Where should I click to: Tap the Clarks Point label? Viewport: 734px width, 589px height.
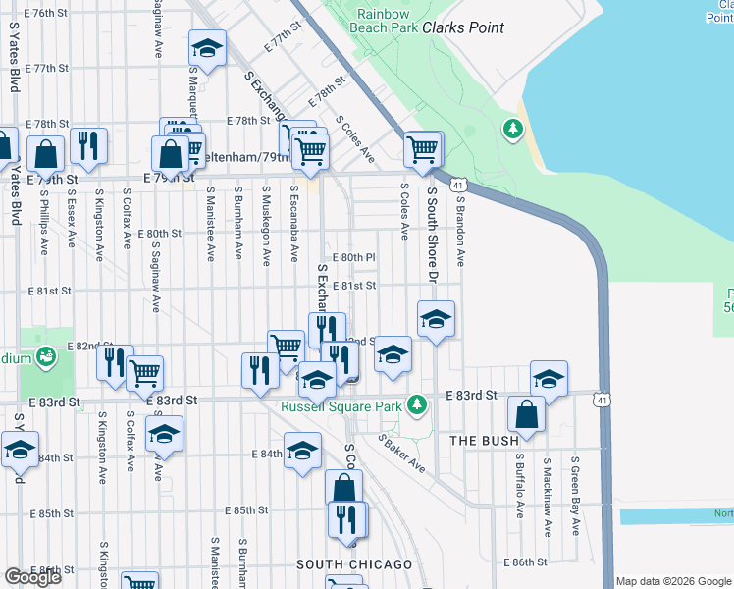coord(463,27)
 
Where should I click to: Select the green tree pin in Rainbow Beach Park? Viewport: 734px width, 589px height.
coord(511,130)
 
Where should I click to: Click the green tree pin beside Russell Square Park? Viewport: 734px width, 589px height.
coord(417,403)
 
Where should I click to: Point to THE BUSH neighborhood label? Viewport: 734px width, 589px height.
coord(484,442)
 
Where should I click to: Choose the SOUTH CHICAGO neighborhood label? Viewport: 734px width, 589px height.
coord(355,564)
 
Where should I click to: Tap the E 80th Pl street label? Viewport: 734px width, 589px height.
coord(354,257)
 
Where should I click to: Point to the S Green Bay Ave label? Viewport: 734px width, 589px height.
coord(575,496)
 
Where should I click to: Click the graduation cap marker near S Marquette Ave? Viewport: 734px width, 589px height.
coord(207,48)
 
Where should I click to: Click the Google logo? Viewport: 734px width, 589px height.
coord(32,577)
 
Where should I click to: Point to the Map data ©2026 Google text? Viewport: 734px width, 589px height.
coord(673,581)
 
